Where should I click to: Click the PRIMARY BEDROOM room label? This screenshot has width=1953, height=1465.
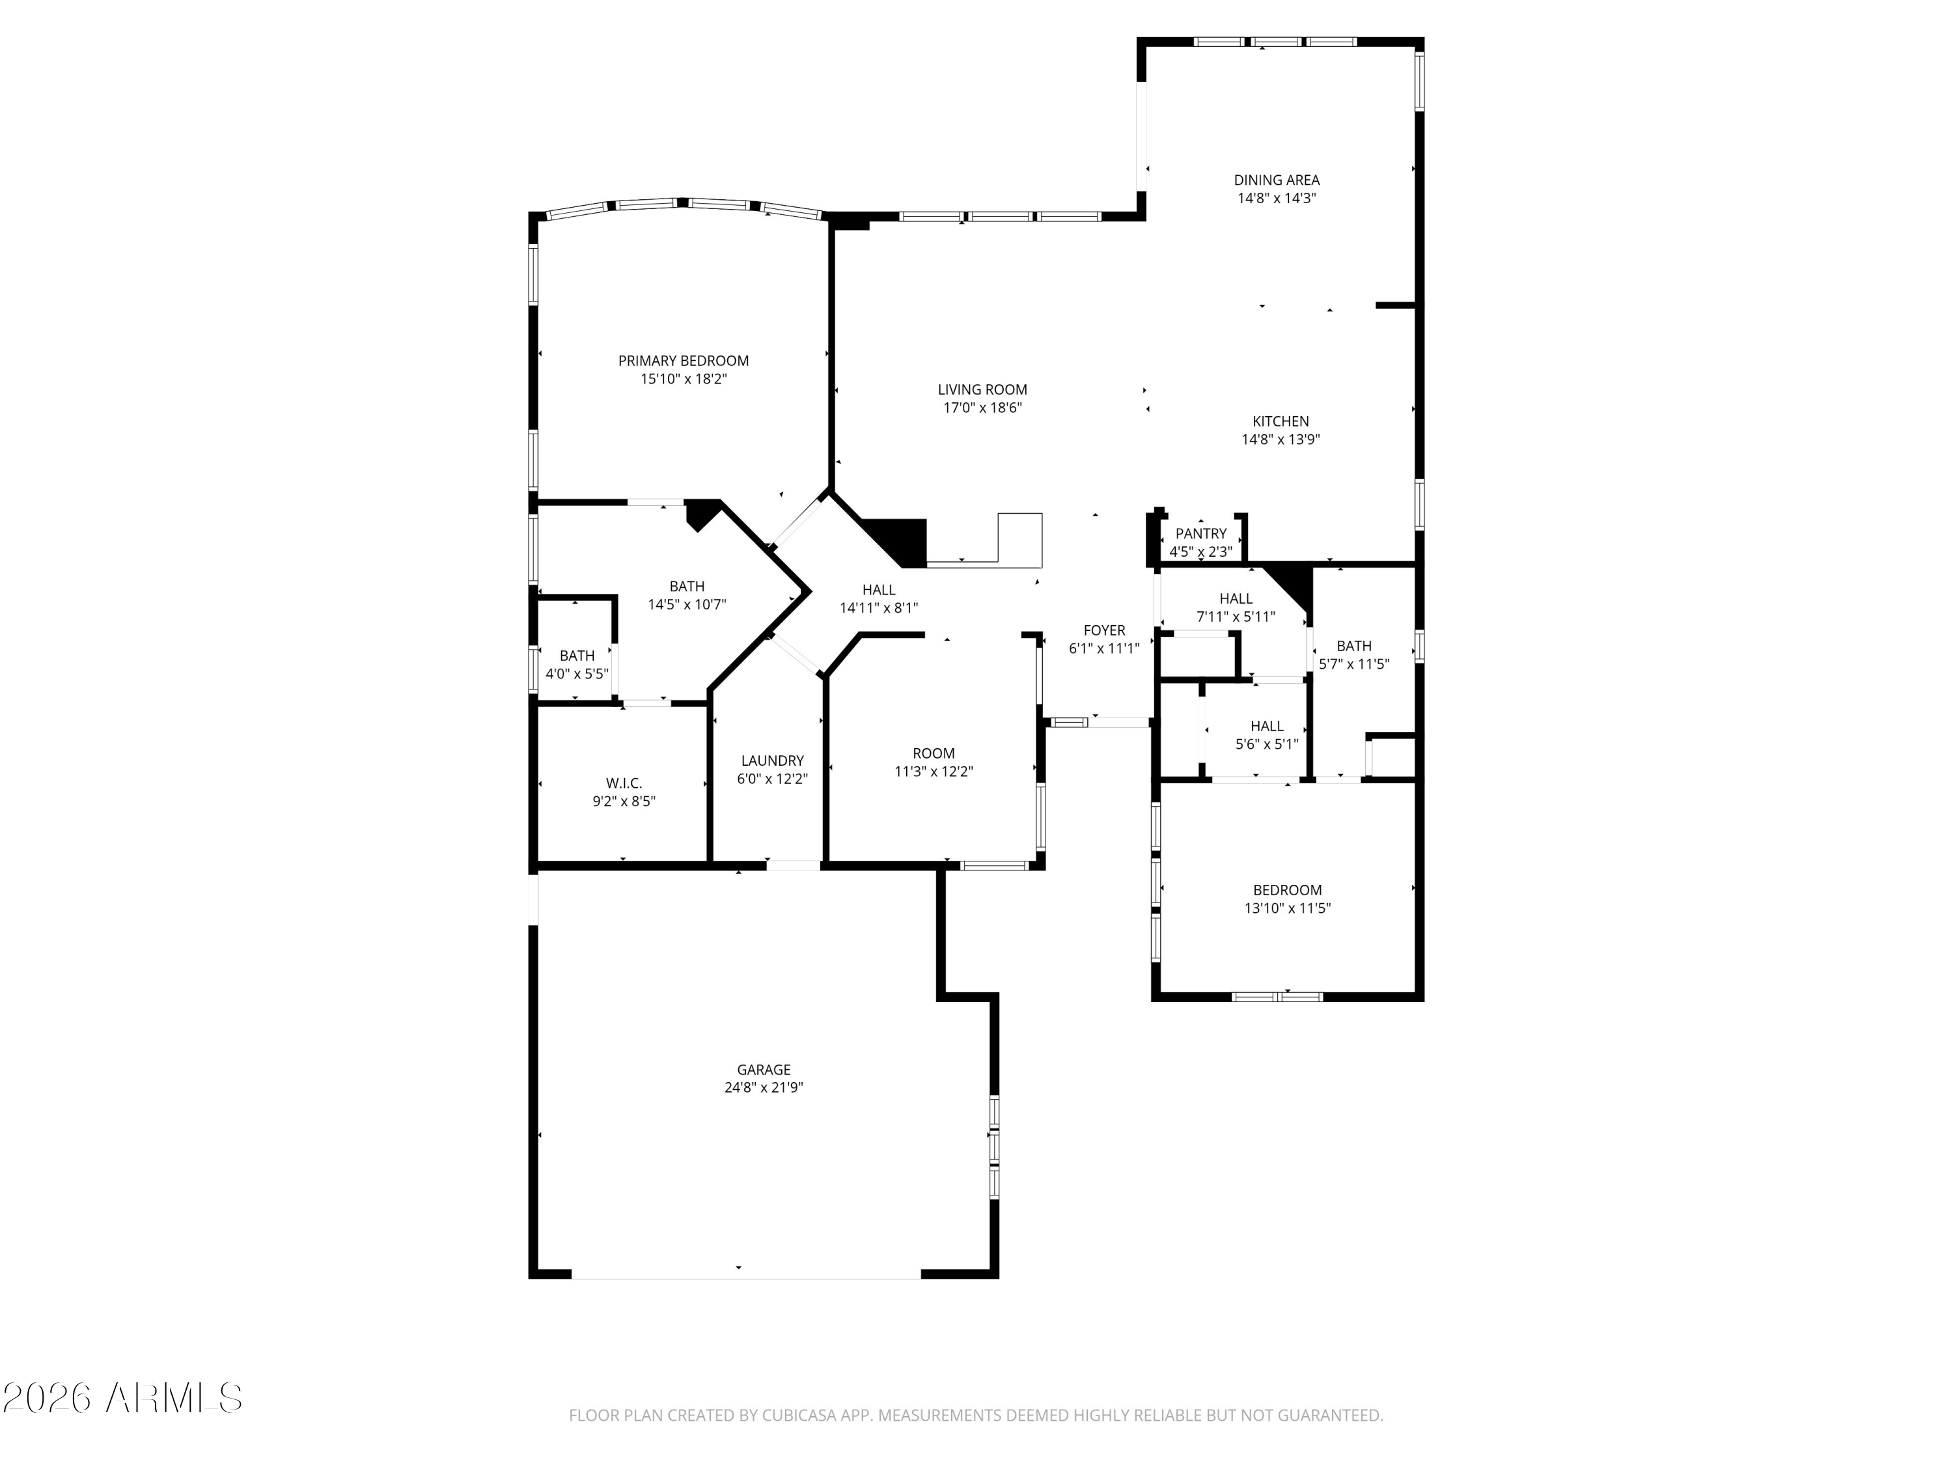coord(684,360)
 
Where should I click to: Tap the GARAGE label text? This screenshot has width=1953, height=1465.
coord(764,1069)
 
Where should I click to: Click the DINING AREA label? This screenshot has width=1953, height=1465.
coord(1277,180)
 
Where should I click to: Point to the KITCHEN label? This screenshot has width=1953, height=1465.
coord(1281,421)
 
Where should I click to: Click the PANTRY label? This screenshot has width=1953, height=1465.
coord(1200,533)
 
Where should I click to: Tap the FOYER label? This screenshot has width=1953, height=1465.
coord(1105,630)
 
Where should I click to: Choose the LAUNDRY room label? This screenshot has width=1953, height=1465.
coord(773,760)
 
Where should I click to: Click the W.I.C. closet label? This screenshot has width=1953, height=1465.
coord(624,783)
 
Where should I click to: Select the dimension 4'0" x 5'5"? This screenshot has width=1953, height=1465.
coord(577,674)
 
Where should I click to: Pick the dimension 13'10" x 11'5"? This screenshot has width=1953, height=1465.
coord(1287,908)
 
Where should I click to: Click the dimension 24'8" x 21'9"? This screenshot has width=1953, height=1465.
coord(764,1088)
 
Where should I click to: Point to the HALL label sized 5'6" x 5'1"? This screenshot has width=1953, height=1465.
coord(1267,726)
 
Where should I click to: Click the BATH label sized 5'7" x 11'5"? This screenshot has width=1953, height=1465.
coord(1353,645)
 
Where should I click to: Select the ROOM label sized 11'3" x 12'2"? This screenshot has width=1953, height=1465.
coord(934,753)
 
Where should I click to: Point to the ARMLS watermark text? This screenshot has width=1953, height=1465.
coord(174,1398)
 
